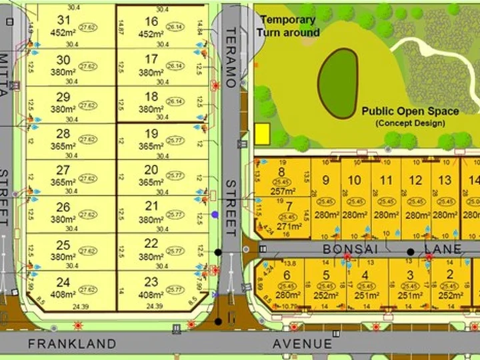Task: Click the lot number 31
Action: pos(64,21)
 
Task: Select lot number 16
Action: pos(151,21)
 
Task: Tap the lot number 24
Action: pos(63,282)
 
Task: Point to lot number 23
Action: pos(151,281)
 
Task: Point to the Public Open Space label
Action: pos(410,111)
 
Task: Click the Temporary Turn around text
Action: pos(289,26)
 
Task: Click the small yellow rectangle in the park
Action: pos(262,134)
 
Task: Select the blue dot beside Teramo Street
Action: pos(215,215)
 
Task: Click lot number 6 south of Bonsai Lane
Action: pos(287,275)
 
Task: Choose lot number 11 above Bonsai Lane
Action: pos(386,180)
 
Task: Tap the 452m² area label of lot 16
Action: pos(151,35)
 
